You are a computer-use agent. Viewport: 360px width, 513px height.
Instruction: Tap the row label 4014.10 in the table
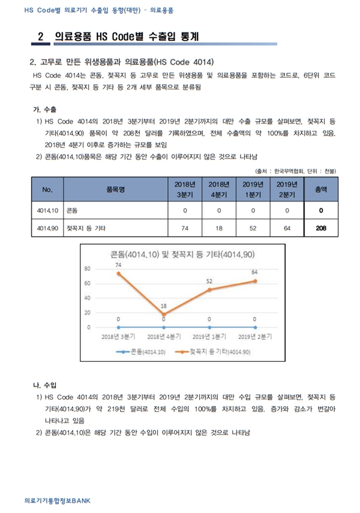tap(47, 211)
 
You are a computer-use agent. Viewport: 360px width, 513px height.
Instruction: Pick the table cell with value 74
tap(185, 229)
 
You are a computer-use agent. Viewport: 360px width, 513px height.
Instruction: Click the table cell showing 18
tap(219, 229)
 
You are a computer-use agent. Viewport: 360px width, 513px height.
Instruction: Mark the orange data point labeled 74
tap(118, 273)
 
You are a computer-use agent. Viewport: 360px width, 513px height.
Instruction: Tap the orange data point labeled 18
tap(164, 314)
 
